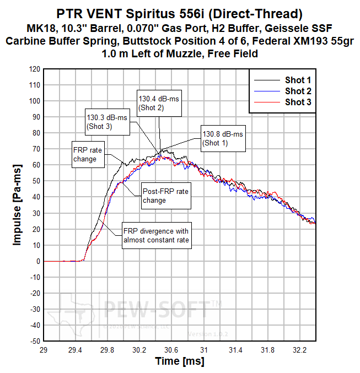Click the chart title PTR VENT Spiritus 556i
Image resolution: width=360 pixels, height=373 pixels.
[x=180, y=12]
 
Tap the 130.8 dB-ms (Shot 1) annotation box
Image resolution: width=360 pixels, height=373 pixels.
[x=222, y=138]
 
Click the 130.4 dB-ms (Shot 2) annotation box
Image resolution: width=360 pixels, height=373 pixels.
[x=159, y=103]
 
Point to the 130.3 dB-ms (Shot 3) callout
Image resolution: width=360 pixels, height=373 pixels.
[x=106, y=122]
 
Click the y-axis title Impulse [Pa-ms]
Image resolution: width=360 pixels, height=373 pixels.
[x=17, y=204]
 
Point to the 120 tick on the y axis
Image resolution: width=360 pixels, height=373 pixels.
[x=34, y=69]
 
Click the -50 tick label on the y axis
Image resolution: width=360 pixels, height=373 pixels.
[x=33, y=341]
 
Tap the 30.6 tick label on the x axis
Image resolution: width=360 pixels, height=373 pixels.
[x=171, y=350]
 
